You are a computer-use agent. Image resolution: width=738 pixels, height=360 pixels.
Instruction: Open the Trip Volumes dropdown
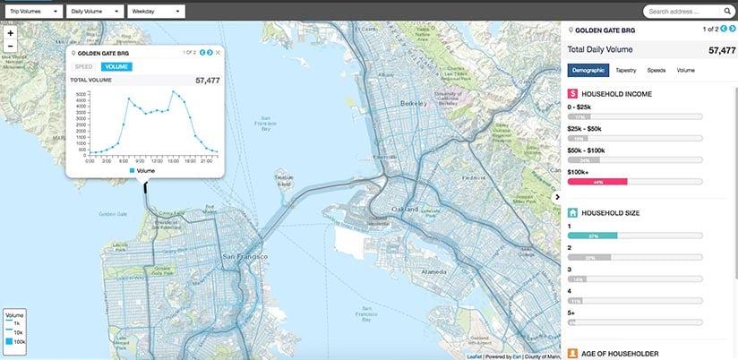pos(33,12)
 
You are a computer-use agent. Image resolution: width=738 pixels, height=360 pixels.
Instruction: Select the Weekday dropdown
pos(154,12)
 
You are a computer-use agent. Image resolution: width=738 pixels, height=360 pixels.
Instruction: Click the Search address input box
pos(685,12)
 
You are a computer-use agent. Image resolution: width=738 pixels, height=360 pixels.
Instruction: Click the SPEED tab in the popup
pos(84,66)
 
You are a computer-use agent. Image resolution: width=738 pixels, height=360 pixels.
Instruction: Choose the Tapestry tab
pos(626,69)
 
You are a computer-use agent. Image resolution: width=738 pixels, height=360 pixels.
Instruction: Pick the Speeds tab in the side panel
pos(656,69)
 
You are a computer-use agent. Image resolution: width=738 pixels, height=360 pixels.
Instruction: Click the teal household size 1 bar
pos(592,236)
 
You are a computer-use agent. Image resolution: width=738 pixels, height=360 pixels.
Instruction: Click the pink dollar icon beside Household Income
pos(573,93)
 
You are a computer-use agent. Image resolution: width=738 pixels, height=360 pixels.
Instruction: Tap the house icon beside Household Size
pos(573,213)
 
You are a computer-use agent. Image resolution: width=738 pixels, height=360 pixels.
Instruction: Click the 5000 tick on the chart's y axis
pos(81,93)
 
